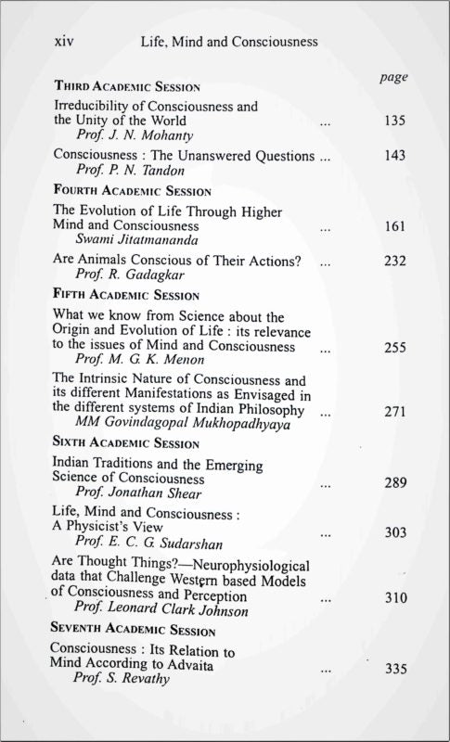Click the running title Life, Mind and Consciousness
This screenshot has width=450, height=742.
(x=225, y=42)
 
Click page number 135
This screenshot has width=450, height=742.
(x=395, y=122)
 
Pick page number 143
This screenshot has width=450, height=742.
(x=395, y=157)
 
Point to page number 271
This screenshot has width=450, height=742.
(x=395, y=412)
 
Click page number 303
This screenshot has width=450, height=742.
(x=395, y=534)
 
